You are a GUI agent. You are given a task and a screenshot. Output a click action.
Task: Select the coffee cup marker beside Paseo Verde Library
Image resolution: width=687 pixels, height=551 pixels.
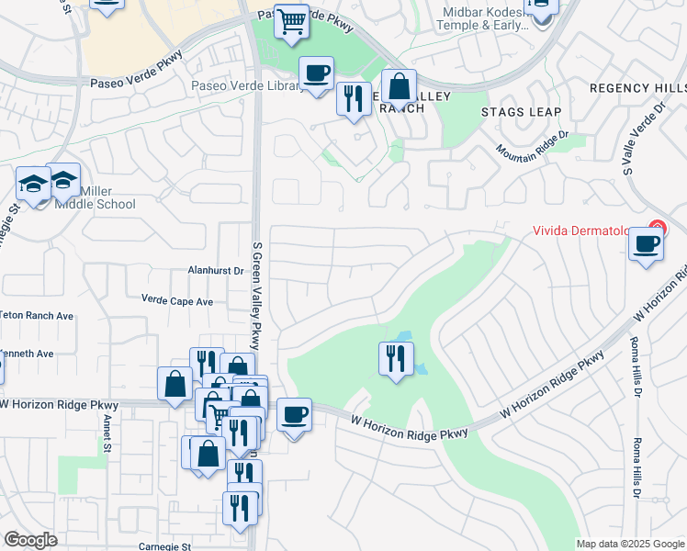[x=316, y=73]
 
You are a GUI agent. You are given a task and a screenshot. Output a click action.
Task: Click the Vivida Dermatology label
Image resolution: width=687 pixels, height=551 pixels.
[x=588, y=231]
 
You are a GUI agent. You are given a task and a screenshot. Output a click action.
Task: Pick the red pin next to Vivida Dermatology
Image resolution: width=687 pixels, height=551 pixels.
[x=657, y=228]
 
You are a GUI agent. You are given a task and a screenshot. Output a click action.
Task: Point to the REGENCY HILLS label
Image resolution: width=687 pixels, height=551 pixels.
[x=636, y=88]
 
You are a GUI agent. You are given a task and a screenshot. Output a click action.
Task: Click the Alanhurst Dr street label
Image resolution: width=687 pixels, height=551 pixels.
[x=215, y=271]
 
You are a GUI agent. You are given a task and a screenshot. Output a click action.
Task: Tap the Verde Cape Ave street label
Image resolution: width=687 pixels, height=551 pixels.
[x=176, y=300]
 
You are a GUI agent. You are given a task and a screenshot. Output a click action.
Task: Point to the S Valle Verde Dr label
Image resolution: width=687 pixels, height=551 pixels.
[x=643, y=138]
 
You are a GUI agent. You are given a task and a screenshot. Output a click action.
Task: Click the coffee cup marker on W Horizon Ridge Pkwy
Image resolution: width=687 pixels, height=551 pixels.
[x=294, y=415]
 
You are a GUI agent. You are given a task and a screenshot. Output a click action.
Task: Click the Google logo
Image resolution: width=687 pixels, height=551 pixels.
[x=30, y=540]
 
